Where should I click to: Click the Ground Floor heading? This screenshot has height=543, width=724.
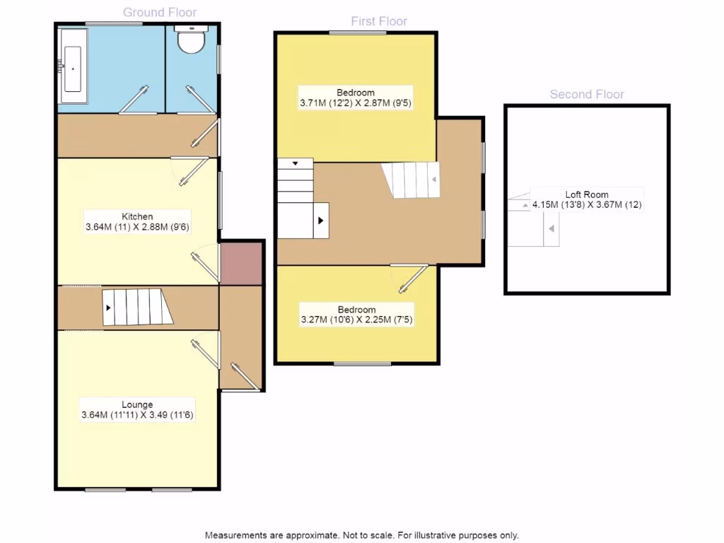point(160,12)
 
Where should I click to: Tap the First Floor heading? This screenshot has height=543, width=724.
point(379,21)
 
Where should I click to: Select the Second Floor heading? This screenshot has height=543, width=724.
point(587,94)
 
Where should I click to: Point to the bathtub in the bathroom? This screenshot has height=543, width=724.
point(74,69)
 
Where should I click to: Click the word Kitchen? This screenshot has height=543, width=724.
point(137,216)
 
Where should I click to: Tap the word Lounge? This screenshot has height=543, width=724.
point(137,404)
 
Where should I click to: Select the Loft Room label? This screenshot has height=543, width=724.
point(586,194)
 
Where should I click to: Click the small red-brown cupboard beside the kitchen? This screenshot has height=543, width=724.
point(241,262)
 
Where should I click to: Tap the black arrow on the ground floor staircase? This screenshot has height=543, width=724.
point(109,308)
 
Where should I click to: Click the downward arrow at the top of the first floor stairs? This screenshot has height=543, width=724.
point(296,163)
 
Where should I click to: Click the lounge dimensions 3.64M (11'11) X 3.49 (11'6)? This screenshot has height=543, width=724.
point(137,415)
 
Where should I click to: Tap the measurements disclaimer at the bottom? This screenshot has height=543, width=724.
point(361,535)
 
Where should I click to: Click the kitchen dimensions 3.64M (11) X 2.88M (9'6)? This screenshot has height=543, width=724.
point(137,227)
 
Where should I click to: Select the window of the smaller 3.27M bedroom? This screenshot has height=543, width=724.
point(362,363)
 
